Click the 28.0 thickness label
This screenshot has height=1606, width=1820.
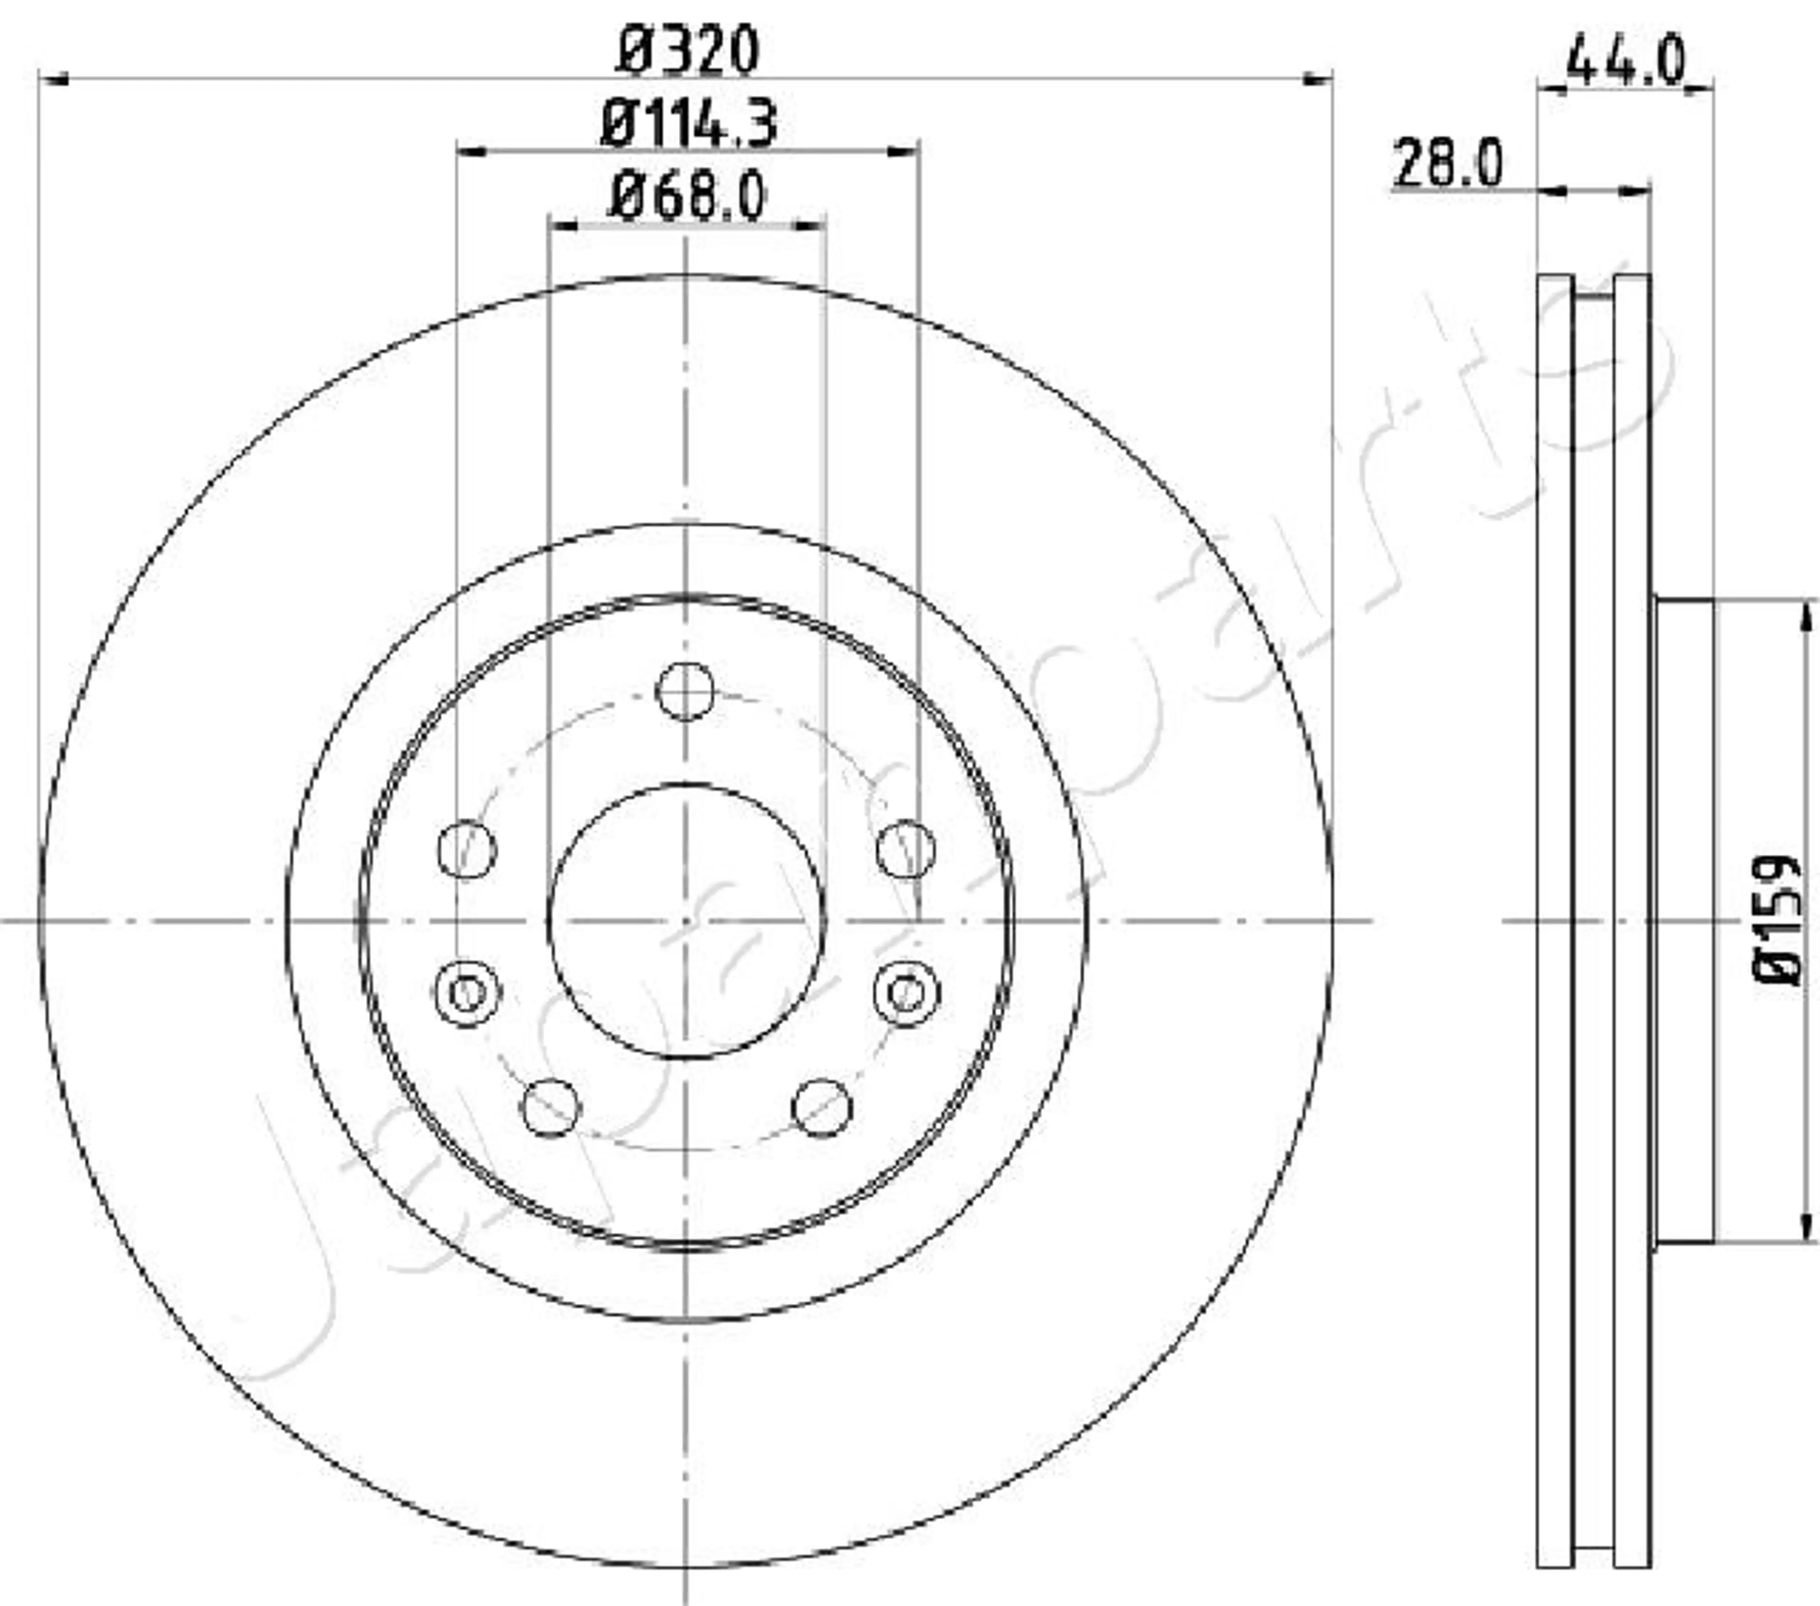pos(1447,165)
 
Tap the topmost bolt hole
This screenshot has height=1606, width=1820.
pos(685,690)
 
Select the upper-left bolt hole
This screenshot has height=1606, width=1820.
pos(466,849)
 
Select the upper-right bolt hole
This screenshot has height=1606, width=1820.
pos(906,849)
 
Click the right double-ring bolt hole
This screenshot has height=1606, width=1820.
pos(906,992)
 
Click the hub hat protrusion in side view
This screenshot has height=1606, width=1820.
pos(1683,921)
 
